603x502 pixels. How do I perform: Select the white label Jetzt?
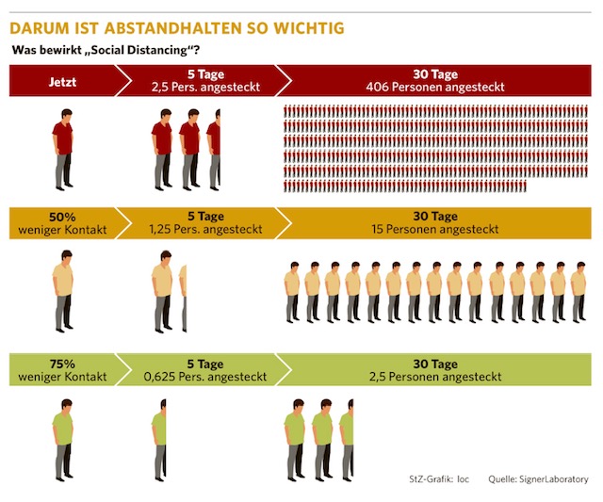[x=63, y=81]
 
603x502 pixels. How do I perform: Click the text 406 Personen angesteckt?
[x=434, y=87]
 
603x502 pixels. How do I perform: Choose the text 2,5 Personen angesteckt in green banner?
[x=434, y=377]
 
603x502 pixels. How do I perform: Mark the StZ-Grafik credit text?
[x=438, y=479]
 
